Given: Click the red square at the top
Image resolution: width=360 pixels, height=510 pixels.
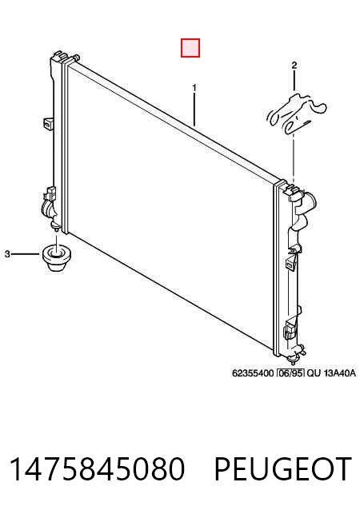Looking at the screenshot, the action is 190,48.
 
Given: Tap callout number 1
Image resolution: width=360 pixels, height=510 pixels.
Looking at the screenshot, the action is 194,88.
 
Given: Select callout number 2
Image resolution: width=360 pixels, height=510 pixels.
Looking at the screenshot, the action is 294,66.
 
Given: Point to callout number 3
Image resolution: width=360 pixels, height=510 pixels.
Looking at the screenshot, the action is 7,253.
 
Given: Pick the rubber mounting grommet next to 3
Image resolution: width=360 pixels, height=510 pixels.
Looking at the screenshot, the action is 57,257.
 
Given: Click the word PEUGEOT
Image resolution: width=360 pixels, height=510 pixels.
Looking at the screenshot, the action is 283,468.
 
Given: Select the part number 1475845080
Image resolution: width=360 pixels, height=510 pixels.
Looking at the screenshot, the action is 97,468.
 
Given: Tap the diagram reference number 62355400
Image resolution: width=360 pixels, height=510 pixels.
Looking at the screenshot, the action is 253,373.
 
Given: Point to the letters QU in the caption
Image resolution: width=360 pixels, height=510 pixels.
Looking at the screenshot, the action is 314,373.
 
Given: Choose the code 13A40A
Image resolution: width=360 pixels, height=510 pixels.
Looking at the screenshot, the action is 340,373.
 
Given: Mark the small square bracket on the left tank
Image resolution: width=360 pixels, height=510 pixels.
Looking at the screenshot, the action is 48,123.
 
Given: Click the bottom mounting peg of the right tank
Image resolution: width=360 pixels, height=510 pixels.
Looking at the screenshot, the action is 292,361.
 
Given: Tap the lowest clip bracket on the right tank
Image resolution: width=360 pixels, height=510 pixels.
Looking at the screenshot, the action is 291,328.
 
